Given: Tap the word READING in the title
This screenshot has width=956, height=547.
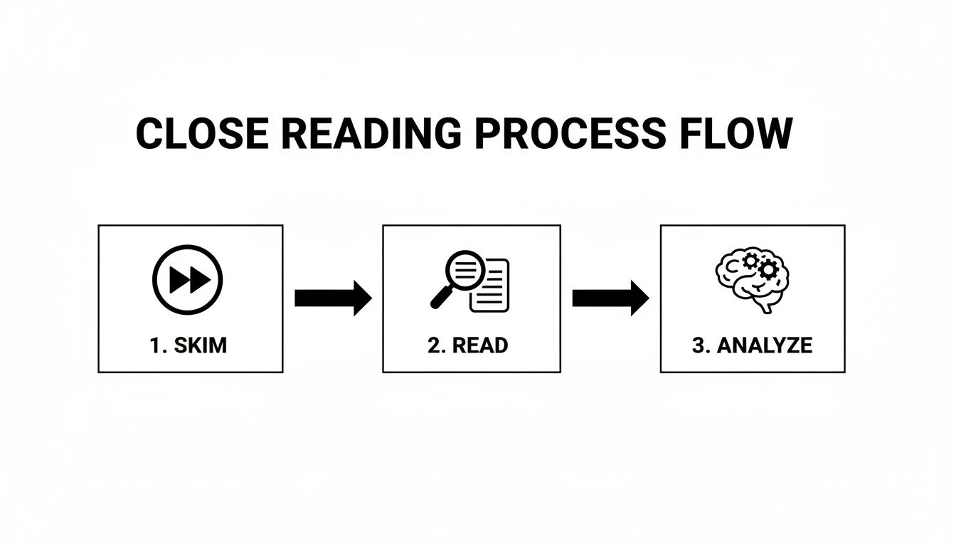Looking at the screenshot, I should point(362,133).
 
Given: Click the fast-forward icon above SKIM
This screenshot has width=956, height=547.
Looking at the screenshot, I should point(188,280).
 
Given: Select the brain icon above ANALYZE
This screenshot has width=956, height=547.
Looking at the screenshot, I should point(753,281).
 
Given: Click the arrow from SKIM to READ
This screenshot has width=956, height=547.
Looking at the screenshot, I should point(332,298).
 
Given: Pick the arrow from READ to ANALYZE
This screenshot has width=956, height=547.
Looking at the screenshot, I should point(610,298).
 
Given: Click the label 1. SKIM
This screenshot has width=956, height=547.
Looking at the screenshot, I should point(188,345).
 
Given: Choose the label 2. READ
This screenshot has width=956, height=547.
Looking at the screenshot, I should point(468,345).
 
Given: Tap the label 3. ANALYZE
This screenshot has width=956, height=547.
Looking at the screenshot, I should point(752,345).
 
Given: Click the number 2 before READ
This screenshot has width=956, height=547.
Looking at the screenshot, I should point(434,345).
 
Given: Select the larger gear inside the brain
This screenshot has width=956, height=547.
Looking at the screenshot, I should point(768,269).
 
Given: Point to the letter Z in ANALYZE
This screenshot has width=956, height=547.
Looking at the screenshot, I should point(790,345).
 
